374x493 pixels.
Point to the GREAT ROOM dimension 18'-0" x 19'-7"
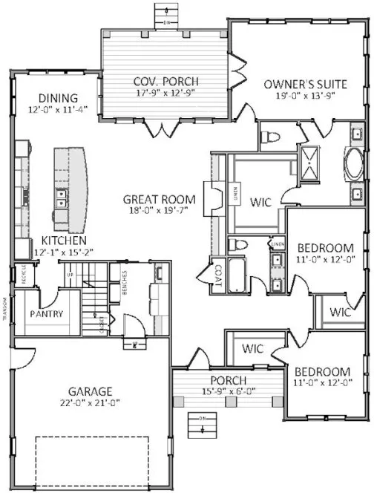point(159,212)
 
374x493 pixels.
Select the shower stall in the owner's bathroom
point(307,161)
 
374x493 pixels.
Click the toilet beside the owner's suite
point(270,137)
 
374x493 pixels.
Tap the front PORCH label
point(226,381)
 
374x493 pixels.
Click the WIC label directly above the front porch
point(255,347)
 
